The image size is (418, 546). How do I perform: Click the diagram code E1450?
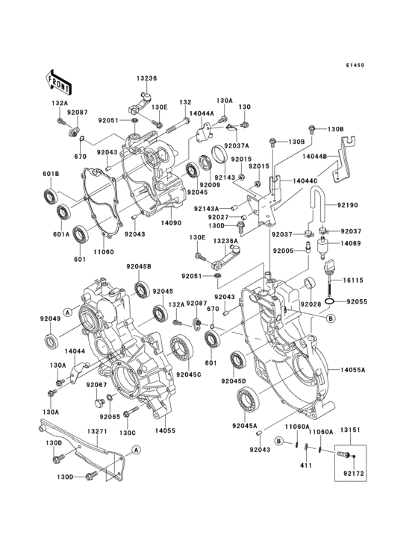click(355, 65)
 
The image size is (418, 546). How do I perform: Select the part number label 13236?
click(146, 78)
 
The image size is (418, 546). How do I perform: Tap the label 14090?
click(172, 222)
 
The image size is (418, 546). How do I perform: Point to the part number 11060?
click(101, 252)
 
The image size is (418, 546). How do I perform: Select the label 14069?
click(351, 243)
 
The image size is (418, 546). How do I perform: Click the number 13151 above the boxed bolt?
click(352, 430)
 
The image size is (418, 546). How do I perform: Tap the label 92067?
click(96, 385)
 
